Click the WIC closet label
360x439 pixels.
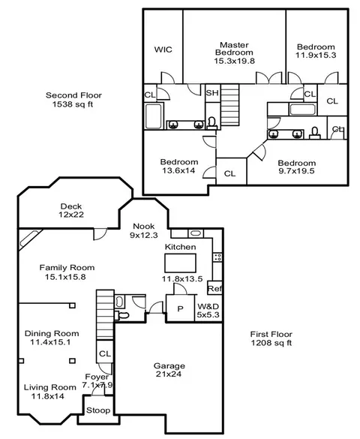[x=163, y=50]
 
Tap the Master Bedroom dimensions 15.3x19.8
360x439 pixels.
[x=235, y=61]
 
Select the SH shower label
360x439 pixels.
[x=212, y=92]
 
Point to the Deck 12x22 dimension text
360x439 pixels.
[x=71, y=215]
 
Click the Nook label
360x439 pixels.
[x=144, y=226]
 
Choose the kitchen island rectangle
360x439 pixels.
[x=180, y=263]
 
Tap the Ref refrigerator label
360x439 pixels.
[x=214, y=288]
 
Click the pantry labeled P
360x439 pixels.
[x=181, y=308]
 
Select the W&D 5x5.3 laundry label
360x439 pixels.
[x=208, y=311]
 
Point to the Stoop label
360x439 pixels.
[x=98, y=410]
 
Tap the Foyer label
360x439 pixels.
[x=97, y=377]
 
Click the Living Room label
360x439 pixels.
[x=49, y=387]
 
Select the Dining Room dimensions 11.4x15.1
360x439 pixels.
[x=50, y=342]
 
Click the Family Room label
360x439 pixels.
[x=67, y=268]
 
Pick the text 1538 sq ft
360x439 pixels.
[x=73, y=104]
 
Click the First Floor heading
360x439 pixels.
[x=271, y=334]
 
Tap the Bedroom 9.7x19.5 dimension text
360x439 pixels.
[x=296, y=171]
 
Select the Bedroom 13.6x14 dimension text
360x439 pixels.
[x=178, y=170]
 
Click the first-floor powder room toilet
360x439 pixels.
[x=122, y=315]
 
